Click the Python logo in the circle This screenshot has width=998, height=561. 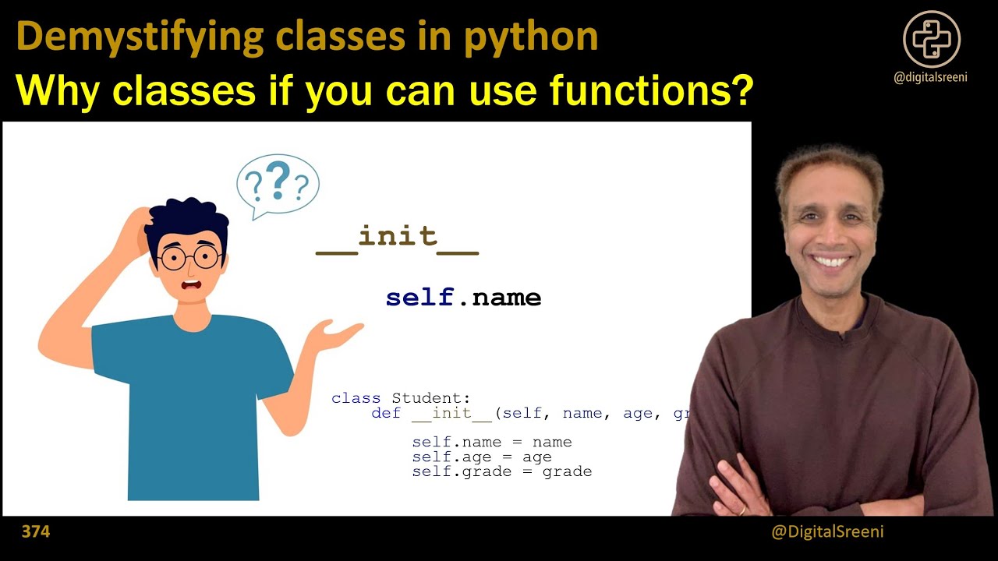pyautogui.click(x=932, y=39)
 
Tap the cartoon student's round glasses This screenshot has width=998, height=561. pyautogui.click(x=189, y=258)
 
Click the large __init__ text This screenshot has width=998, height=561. pyautogui.click(x=397, y=237)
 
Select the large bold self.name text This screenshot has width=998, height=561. pyautogui.click(x=463, y=298)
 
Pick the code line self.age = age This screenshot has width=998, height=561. pyautogui.click(x=481, y=457)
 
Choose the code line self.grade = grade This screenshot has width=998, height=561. pyautogui.click(x=501, y=472)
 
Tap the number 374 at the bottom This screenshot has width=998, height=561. pyautogui.click(x=36, y=532)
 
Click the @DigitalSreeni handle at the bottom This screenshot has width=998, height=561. pyautogui.click(x=827, y=532)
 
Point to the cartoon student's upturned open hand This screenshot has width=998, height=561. pyautogui.click(x=334, y=334)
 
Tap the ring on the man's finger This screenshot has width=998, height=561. pyautogui.click(x=742, y=510)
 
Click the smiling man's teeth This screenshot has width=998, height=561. pyautogui.click(x=833, y=261)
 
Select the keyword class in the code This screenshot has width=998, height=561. pyautogui.click(x=356, y=398)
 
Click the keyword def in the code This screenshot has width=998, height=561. pyautogui.click(x=386, y=413)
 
